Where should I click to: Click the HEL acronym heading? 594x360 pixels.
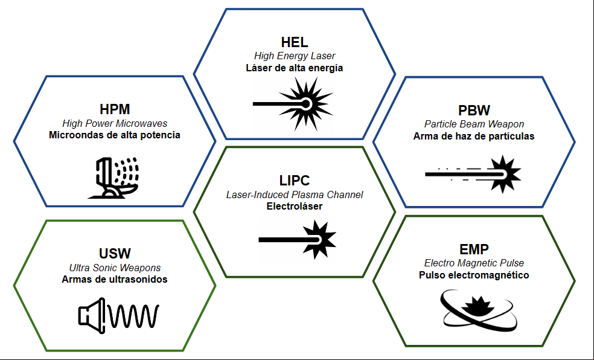(x=295, y=42)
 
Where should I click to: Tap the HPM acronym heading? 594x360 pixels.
(x=115, y=109)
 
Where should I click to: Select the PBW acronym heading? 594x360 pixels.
(x=474, y=111)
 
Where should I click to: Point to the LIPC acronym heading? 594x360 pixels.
(x=295, y=181)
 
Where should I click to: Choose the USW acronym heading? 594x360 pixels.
(x=115, y=254)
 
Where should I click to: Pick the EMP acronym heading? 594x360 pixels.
(x=474, y=249)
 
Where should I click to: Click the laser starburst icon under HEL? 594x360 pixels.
(x=293, y=104)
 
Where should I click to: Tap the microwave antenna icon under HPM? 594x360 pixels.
(x=113, y=178)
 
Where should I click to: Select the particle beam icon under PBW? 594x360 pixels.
(x=473, y=175)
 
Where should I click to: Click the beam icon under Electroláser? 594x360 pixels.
(x=298, y=239)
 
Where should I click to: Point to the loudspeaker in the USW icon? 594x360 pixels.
(x=92, y=316)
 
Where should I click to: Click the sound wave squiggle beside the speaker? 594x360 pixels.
(x=134, y=316)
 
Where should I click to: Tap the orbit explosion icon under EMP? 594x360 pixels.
(x=479, y=310)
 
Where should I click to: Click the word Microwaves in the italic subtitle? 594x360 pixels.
(x=141, y=124)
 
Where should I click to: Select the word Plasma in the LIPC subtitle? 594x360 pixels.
(x=308, y=194)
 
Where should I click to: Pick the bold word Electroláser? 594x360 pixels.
(x=295, y=207)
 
